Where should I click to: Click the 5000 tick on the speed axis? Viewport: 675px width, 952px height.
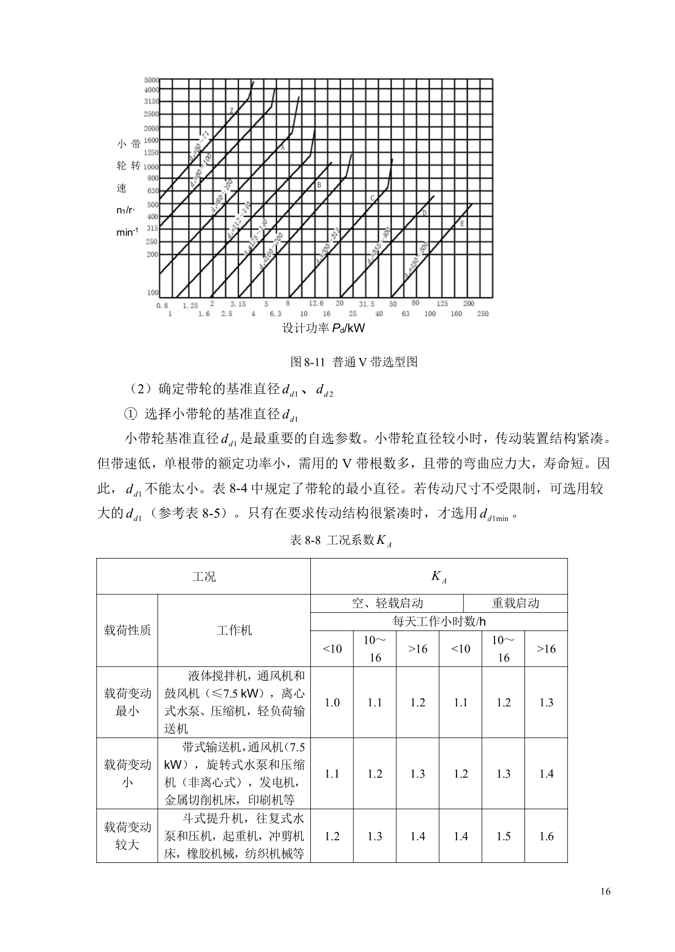[x=151, y=79]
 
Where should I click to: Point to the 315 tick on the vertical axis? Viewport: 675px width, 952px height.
[x=151, y=228]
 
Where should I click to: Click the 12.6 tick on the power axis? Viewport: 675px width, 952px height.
[x=316, y=303]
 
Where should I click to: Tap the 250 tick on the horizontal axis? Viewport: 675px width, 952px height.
[x=483, y=314]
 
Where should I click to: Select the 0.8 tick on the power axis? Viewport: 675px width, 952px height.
[x=162, y=305]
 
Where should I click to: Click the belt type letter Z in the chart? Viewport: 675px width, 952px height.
[x=232, y=110]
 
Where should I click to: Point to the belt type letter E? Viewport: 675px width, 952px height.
[x=461, y=223]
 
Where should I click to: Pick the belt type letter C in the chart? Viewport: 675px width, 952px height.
[x=372, y=198]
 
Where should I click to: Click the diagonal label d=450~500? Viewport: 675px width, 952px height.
[x=416, y=260]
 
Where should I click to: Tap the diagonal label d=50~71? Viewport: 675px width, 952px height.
[x=199, y=145]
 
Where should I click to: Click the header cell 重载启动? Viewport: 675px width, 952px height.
[x=515, y=603]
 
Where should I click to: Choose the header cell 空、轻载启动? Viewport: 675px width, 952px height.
[x=387, y=603]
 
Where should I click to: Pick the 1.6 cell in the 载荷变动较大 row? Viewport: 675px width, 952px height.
[x=546, y=836]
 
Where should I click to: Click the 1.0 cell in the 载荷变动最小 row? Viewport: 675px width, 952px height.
[x=332, y=703]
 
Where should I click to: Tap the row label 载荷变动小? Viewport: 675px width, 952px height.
[x=127, y=773]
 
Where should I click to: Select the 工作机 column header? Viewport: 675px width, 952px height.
[x=234, y=630]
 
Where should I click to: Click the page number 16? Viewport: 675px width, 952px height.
[x=606, y=892]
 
